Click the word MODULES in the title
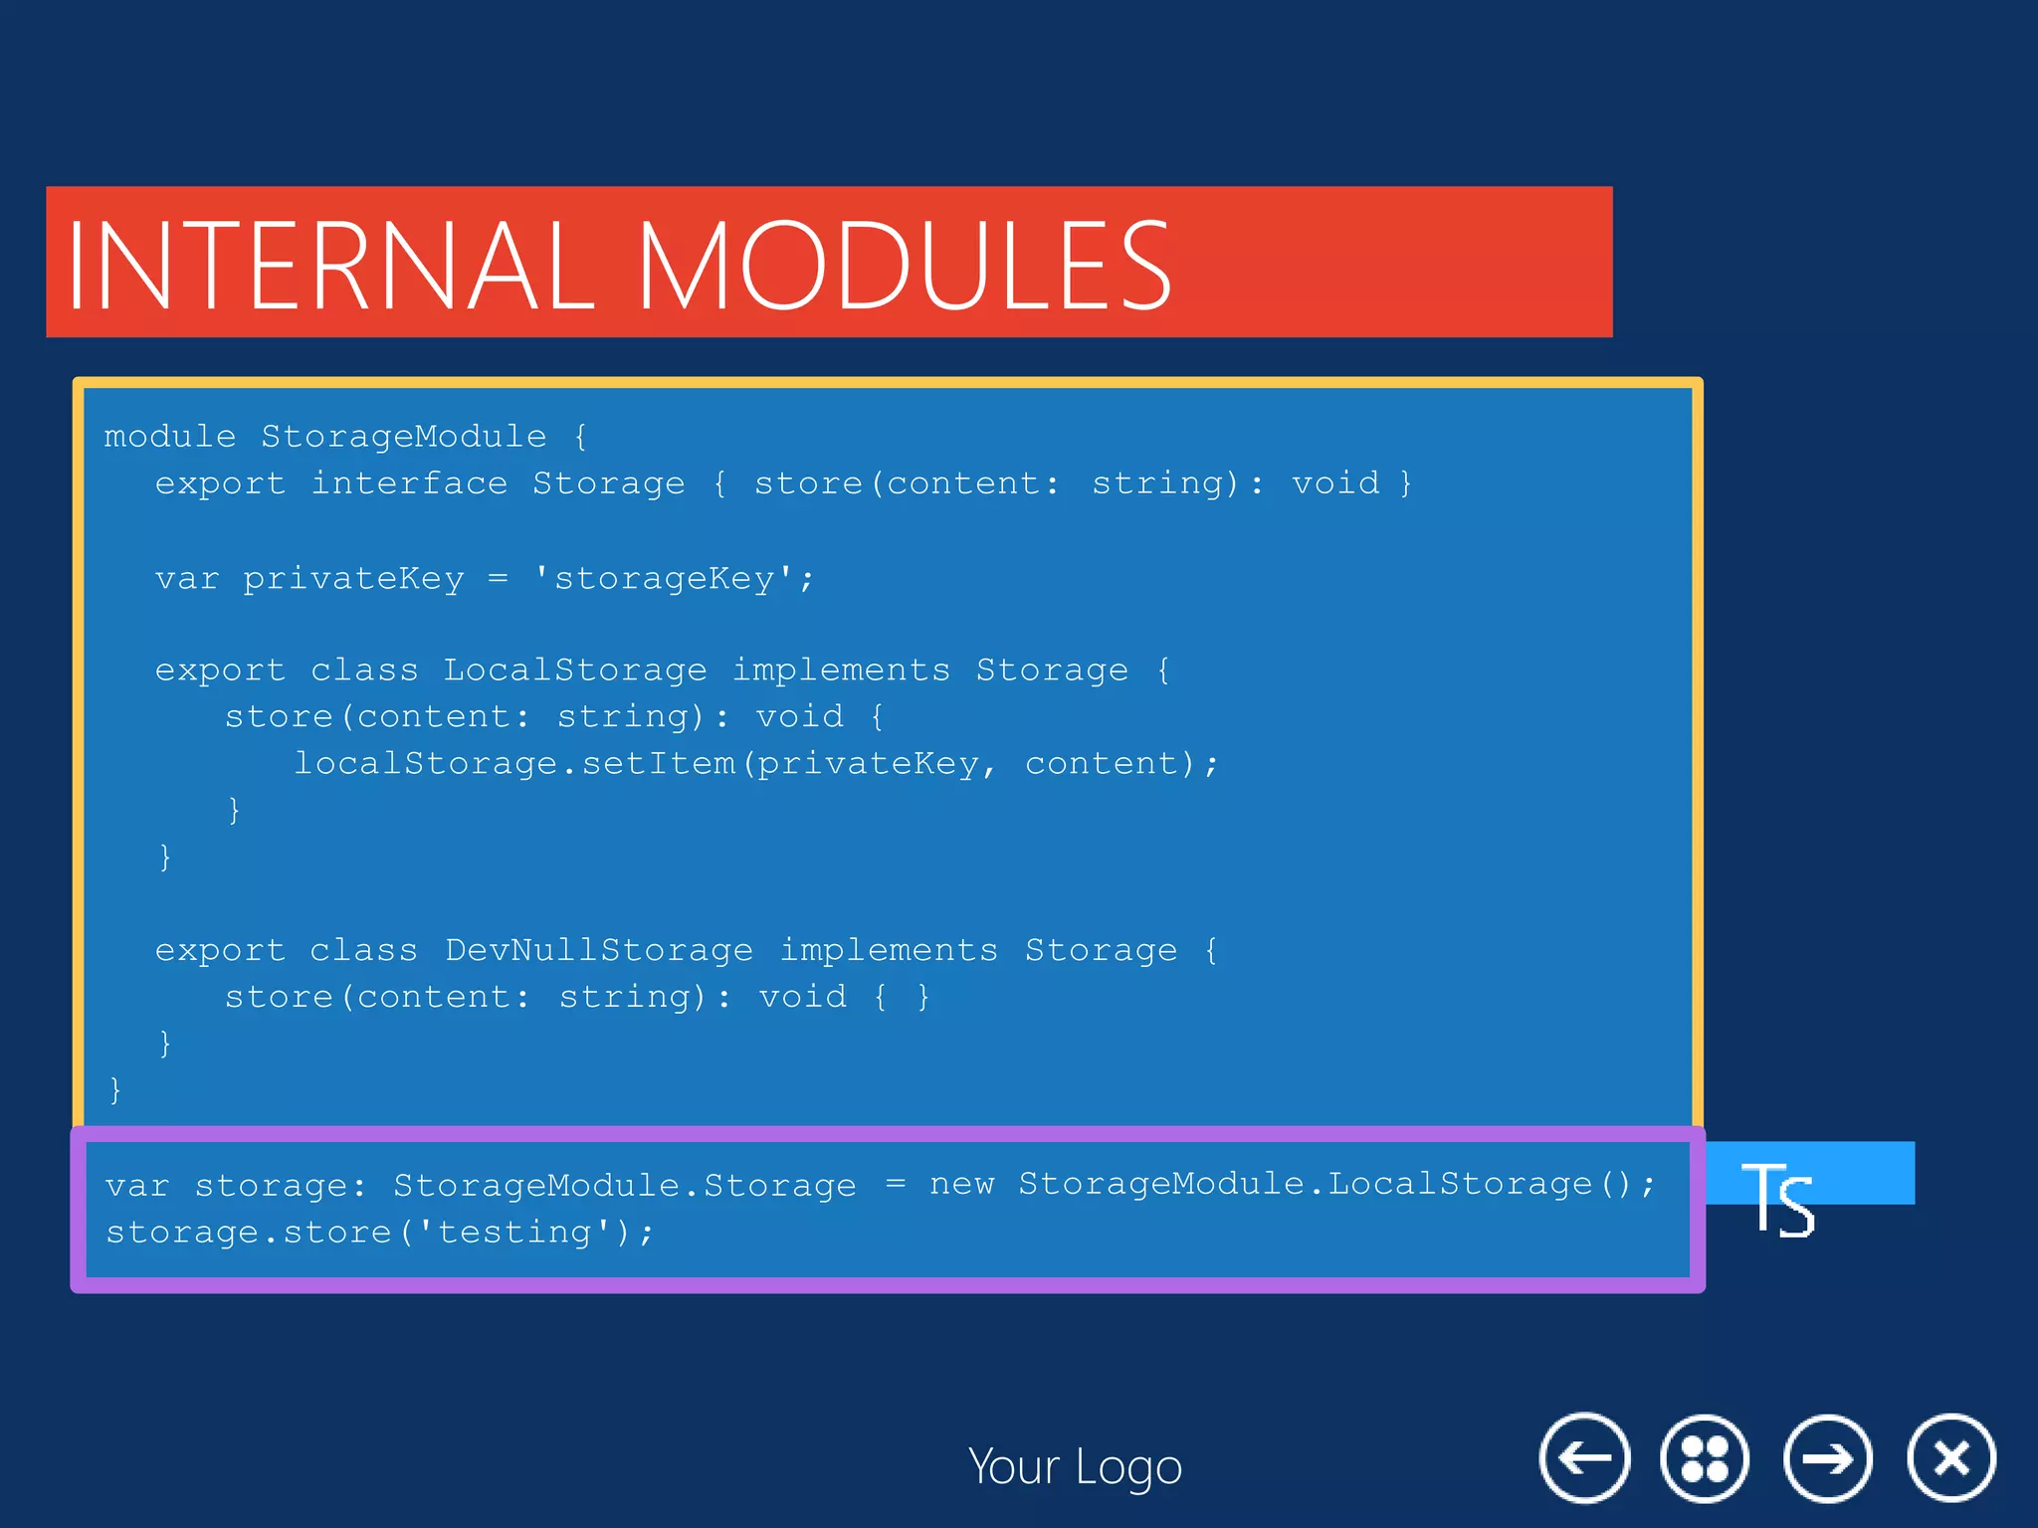pos(904,266)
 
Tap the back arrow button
pos(1584,1458)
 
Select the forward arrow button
pos(1828,1458)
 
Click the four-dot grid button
pos(1705,1458)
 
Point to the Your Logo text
pos(1075,1466)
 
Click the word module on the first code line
pos(169,436)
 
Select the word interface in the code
pos(409,482)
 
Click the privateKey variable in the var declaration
pos(353,578)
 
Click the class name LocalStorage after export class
pos(575,669)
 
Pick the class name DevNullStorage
pos(599,950)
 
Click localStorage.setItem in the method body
pos(514,763)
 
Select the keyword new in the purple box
pos(961,1184)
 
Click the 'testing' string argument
pos(514,1232)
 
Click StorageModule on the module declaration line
pos(403,436)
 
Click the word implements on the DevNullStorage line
pos(889,950)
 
